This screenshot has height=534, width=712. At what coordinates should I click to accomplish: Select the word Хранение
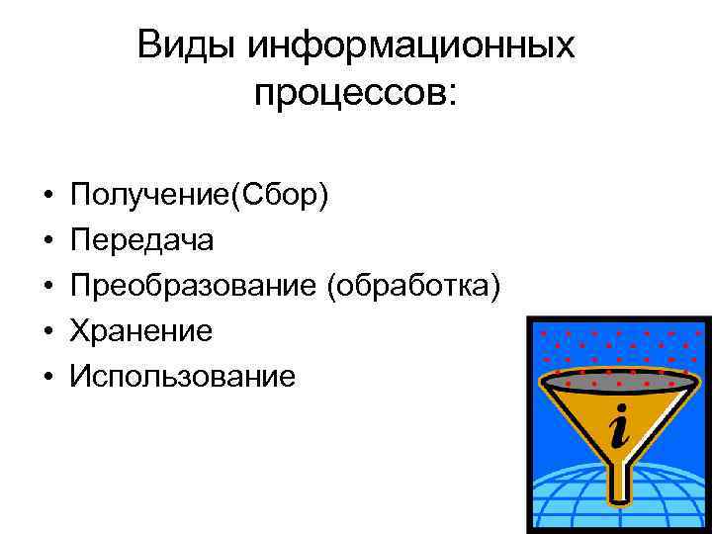coord(141,331)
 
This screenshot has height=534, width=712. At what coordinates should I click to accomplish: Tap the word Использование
coord(182,376)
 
